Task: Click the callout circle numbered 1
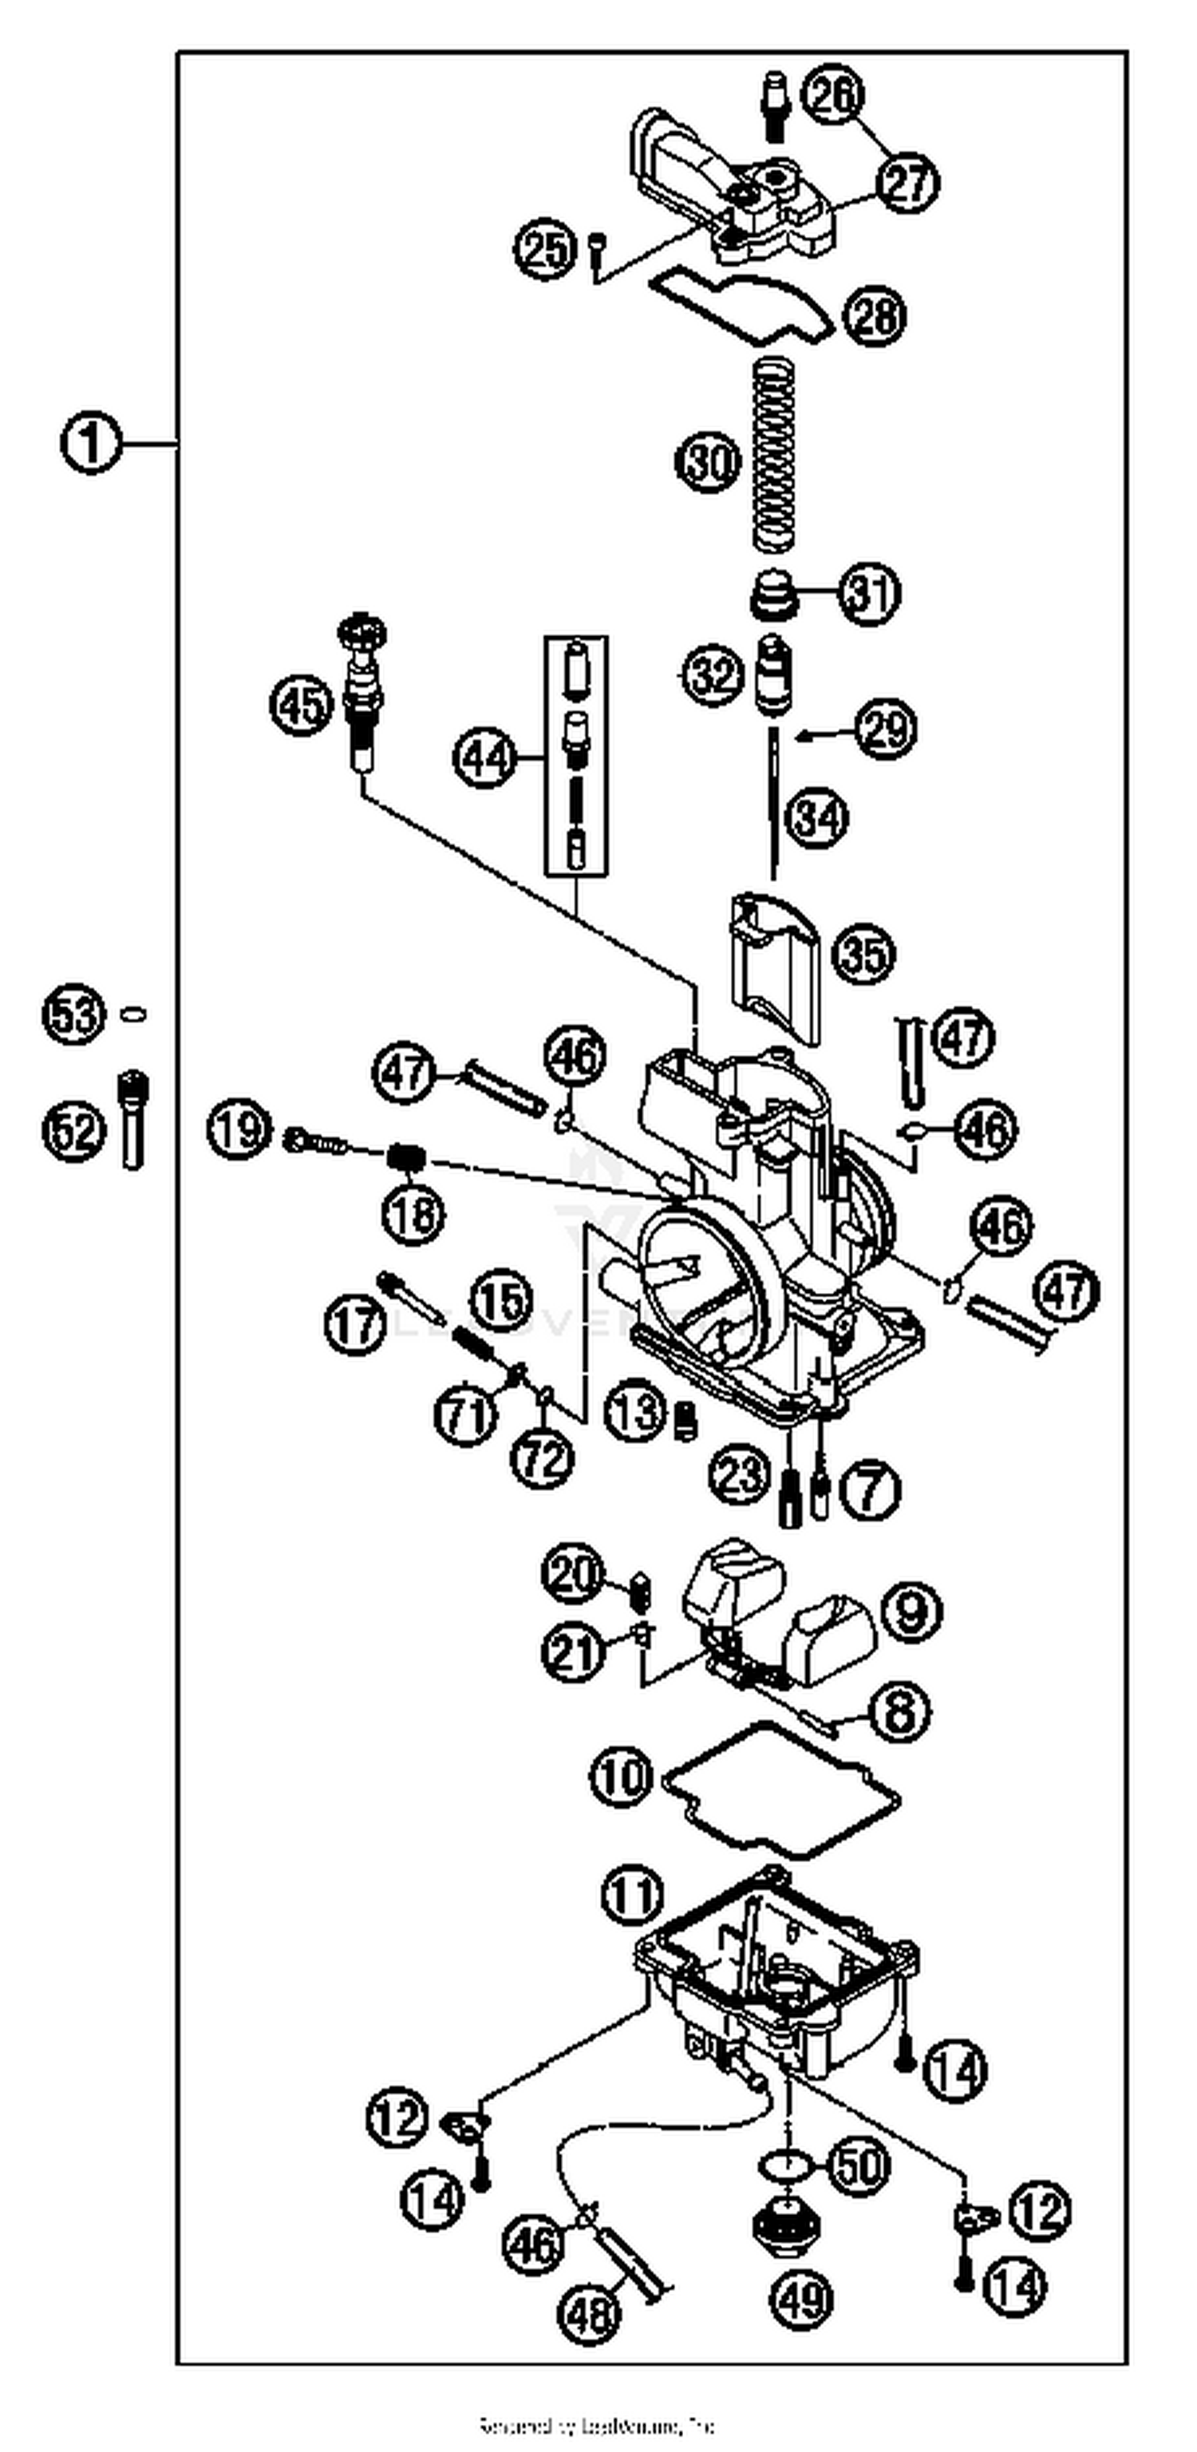point(91,445)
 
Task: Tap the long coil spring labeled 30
point(772,455)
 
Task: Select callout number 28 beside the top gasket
point(875,316)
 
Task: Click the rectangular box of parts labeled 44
point(575,756)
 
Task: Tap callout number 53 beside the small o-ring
point(73,1014)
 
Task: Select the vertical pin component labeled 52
point(132,1121)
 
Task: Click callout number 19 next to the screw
point(238,1130)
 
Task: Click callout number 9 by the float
point(911,1611)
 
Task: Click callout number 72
point(543,1457)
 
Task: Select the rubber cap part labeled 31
point(772,595)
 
